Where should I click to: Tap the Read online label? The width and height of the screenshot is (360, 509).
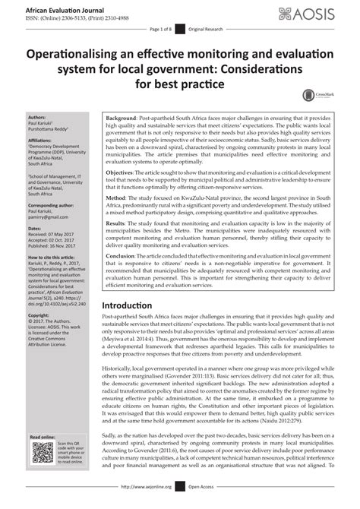click(44, 438)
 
